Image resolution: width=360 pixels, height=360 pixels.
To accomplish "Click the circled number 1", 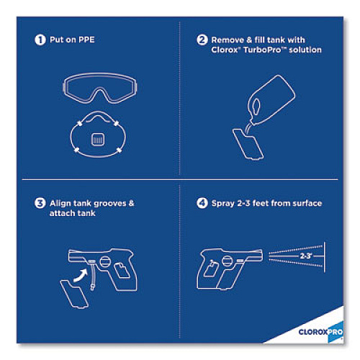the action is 40,40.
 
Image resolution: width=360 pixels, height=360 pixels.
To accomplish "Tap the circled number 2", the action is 202,40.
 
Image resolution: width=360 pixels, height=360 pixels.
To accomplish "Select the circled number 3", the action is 40,203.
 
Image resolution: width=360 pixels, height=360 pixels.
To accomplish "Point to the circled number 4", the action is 202,203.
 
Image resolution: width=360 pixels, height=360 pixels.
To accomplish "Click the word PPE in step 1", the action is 86,40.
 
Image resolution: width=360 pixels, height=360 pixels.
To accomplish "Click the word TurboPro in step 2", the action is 262,50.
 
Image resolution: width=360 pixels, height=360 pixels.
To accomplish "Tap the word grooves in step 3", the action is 110,204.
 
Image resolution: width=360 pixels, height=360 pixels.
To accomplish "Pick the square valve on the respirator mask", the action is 98,140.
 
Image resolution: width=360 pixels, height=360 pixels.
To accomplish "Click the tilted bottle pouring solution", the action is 271,100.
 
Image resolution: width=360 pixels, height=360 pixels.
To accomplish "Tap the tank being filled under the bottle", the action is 248,144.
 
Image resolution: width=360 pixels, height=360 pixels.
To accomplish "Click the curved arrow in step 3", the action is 81,275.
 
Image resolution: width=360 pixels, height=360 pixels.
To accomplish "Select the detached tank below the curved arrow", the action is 74,294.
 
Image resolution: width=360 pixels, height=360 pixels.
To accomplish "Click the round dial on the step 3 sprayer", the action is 105,261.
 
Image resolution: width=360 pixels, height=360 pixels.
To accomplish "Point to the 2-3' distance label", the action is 306,256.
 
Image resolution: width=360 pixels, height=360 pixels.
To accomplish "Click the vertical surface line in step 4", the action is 325,257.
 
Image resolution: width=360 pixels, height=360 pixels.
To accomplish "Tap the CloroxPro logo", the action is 320,332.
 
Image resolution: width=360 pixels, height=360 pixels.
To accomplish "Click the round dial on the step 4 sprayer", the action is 228,261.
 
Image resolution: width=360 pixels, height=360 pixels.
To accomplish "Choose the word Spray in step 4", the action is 222,204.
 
